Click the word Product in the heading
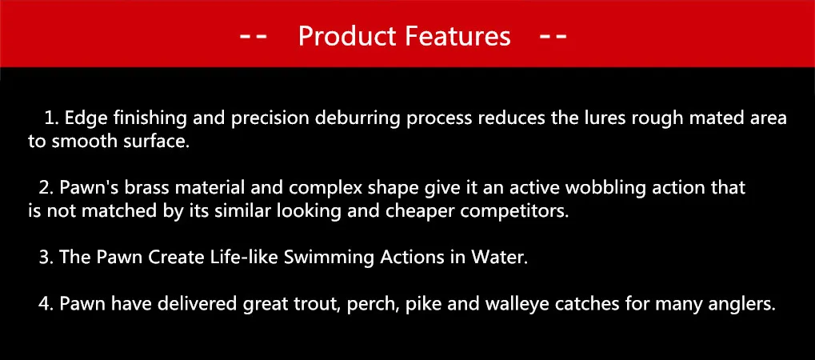pyautogui.click(x=347, y=37)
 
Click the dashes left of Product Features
pyautogui.click(x=253, y=37)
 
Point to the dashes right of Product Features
pyautogui.click(x=553, y=37)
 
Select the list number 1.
pyautogui.click(x=50, y=118)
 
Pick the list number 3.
pyautogui.click(x=45, y=258)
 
